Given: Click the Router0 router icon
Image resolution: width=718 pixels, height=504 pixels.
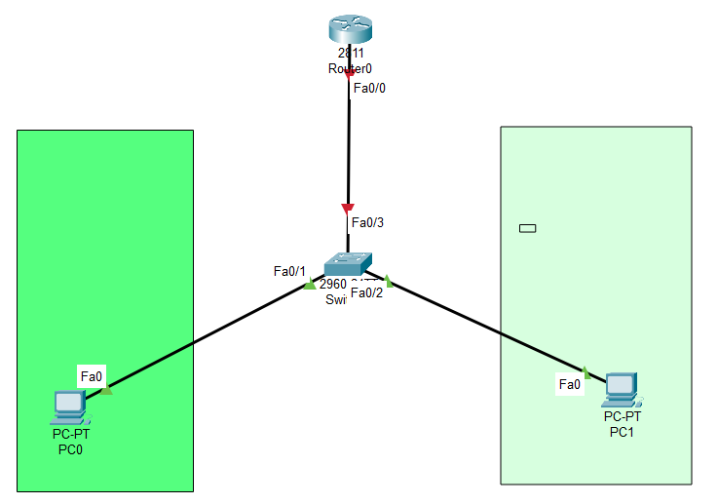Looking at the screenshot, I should tap(349, 30).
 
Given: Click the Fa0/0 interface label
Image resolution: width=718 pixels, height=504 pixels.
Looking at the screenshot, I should tap(369, 88).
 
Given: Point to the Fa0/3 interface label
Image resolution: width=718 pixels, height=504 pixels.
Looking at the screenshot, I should tap(367, 222).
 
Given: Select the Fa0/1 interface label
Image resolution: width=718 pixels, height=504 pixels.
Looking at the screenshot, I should tap(289, 271).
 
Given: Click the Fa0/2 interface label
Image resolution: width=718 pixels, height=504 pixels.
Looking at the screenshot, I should tap(366, 292).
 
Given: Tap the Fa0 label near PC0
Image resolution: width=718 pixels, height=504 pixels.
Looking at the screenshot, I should tap(92, 375).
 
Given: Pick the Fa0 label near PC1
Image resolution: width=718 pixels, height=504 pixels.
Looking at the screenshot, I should tap(570, 385).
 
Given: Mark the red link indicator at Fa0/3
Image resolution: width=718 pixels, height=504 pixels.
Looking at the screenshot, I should tap(348, 208).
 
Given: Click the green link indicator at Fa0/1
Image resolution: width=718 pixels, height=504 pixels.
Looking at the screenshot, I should tap(311, 285).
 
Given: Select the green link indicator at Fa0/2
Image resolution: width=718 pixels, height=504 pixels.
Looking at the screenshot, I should tap(387, 282).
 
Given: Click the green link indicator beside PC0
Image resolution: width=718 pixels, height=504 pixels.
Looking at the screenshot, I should tap(106, 390).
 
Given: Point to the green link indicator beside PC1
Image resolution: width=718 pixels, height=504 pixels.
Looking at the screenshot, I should tap(586, 372).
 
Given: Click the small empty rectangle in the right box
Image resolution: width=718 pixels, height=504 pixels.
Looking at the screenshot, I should tap(528, 229).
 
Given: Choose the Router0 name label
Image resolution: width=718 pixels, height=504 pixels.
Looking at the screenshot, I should tap(349, 69).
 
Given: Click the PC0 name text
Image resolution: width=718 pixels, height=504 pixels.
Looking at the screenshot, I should tap(70, 449).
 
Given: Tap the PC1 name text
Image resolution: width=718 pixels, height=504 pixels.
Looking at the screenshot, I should tap(622, 432).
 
